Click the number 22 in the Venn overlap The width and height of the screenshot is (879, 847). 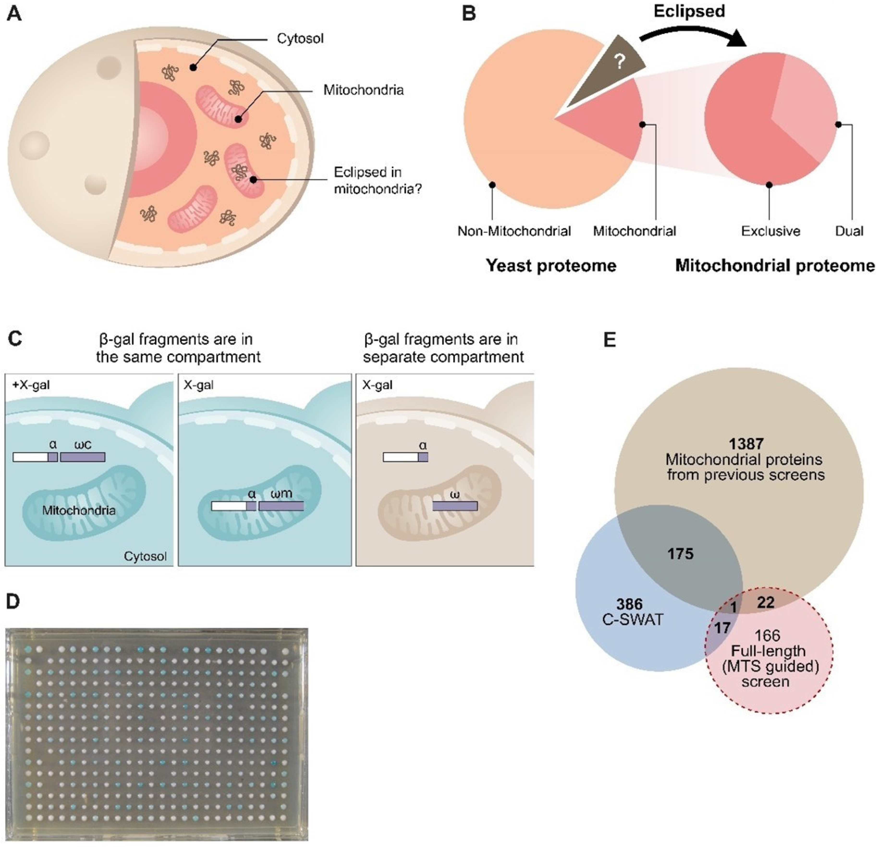766,602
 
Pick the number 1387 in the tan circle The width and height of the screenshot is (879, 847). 746,444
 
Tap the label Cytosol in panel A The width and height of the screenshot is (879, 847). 300,39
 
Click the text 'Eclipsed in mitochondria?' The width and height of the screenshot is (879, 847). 377,181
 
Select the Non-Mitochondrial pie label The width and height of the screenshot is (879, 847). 514,231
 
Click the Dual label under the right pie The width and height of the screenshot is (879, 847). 849,231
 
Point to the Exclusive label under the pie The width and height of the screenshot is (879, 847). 770,231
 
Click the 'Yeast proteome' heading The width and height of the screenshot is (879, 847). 551,266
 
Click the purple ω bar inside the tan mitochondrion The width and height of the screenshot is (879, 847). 454,506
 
